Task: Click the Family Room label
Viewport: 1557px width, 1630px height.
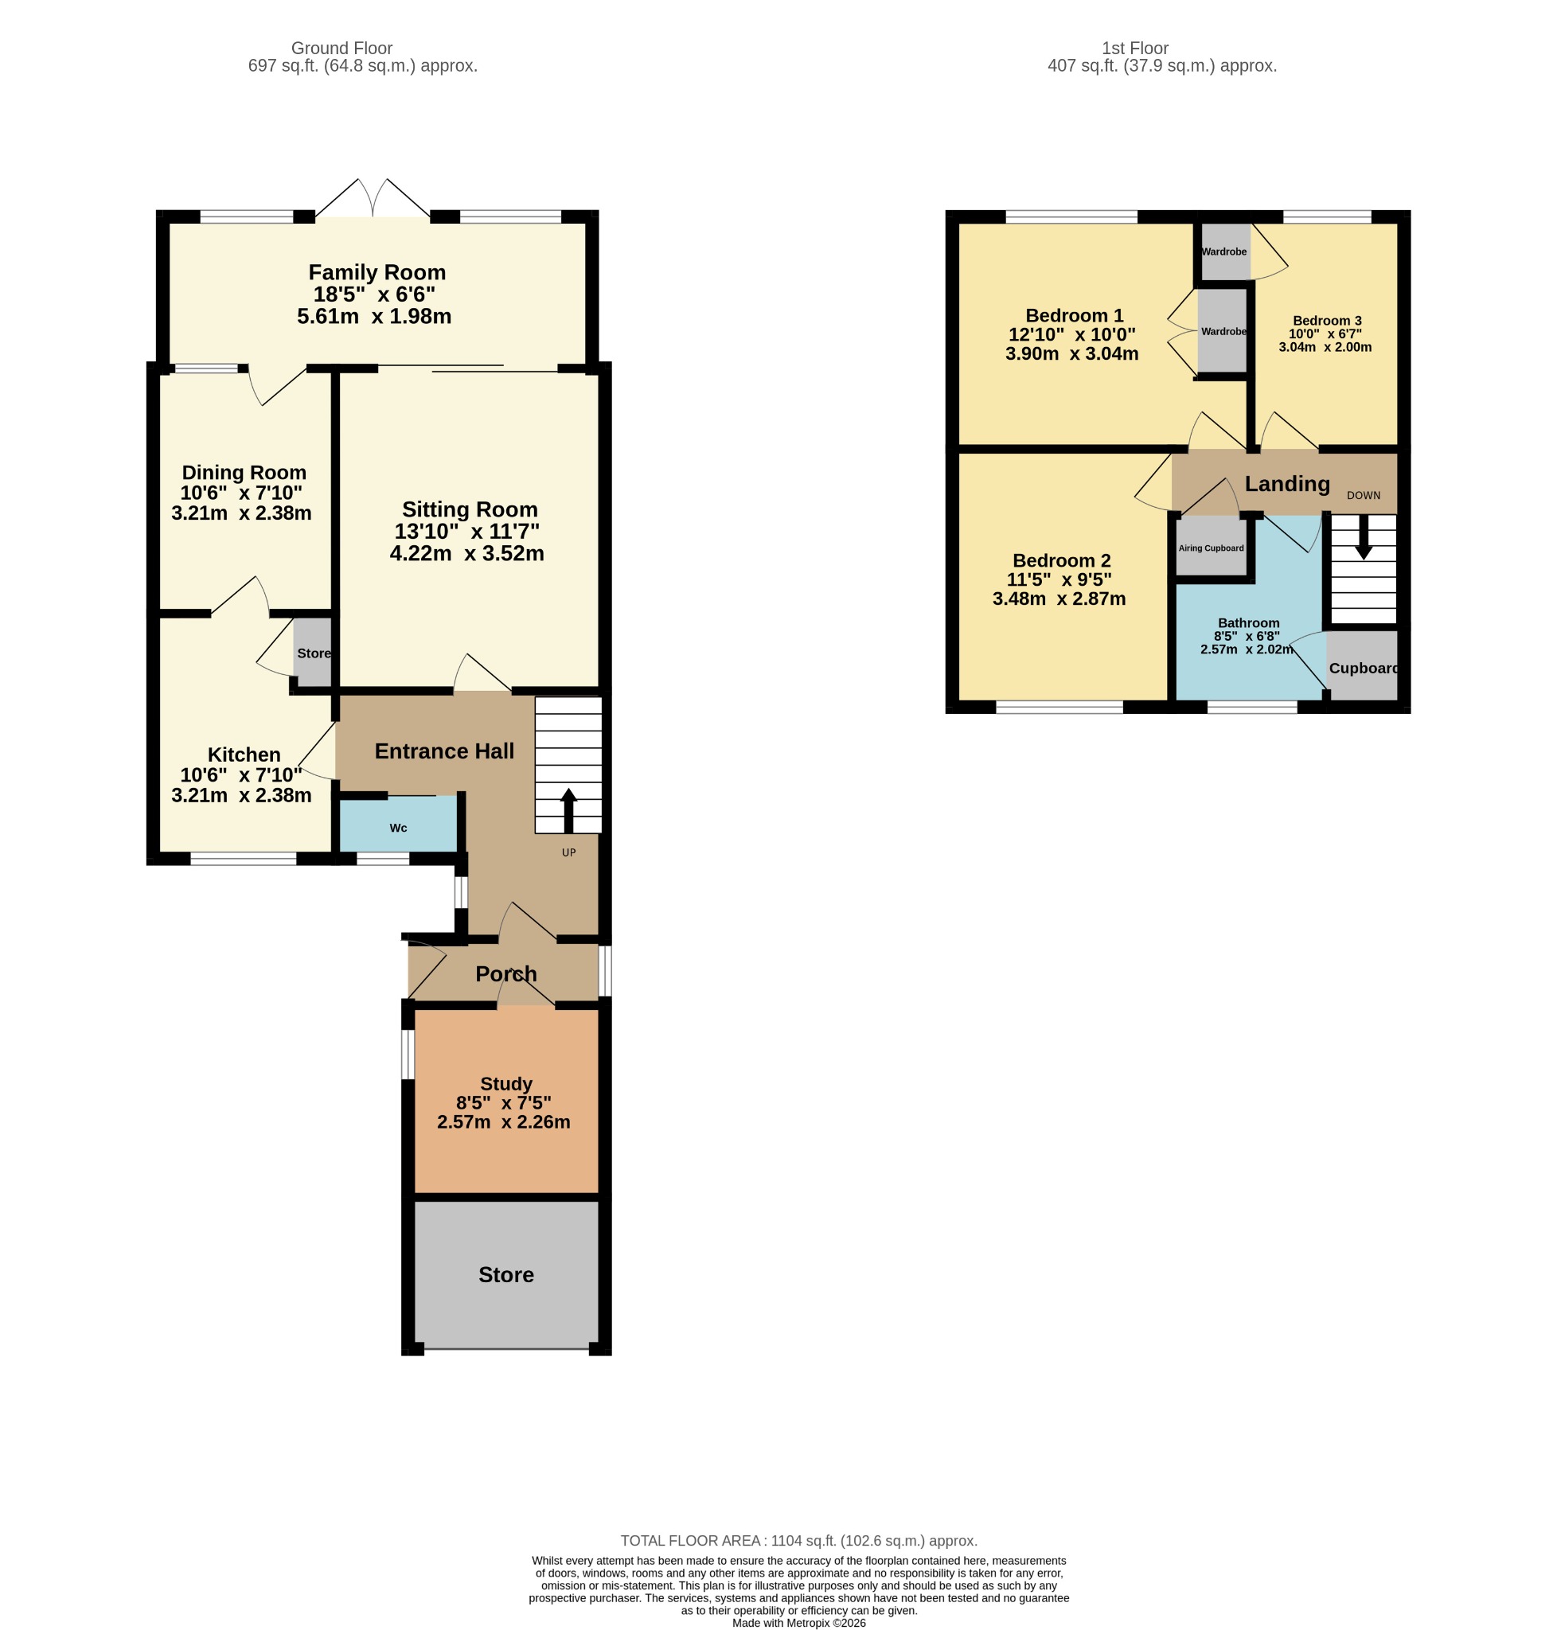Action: [377, 272]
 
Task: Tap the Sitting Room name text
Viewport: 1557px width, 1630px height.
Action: [470, 509]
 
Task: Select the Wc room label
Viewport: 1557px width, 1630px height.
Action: [398, 828]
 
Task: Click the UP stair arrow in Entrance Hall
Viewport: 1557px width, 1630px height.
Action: [568, 810]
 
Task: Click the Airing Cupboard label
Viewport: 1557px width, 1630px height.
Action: [1211, 548]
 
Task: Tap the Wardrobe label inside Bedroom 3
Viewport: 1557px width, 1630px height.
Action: [1224, 252]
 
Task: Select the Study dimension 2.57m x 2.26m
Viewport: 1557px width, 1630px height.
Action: [504, 1122]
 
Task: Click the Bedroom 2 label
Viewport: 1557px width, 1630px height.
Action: [1062, 560]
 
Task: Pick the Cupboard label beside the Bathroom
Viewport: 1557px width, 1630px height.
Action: [1364, 668]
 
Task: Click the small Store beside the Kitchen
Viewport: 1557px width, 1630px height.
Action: [314, 653]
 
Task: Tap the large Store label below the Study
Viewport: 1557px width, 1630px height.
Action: [506, 1274]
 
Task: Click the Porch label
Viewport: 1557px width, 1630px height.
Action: [506, 973]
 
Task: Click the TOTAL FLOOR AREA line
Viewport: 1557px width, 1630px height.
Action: [799, 1540]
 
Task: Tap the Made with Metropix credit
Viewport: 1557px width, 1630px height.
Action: [799, 1623]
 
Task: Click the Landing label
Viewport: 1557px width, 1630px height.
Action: [1287, 484]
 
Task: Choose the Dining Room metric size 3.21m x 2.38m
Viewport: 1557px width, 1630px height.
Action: [241, 513]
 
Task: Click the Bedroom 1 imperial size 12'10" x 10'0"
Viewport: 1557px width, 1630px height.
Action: [1071, 334]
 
